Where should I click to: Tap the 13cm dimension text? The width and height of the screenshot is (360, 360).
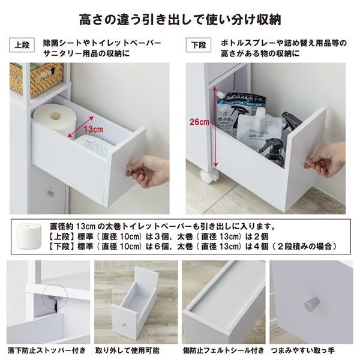tap(91, 129)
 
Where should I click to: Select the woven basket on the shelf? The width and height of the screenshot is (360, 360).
tap(35, 77)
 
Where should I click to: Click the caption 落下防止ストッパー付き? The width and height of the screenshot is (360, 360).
tap(47, 350)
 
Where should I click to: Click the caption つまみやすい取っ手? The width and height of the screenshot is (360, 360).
tap(311, 350)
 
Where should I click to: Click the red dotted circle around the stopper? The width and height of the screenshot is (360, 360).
tap(56, 292)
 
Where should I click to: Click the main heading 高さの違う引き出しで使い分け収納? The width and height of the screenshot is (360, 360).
tap(180, 19)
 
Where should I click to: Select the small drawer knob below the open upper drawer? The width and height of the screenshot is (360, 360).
tap(52, 193)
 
